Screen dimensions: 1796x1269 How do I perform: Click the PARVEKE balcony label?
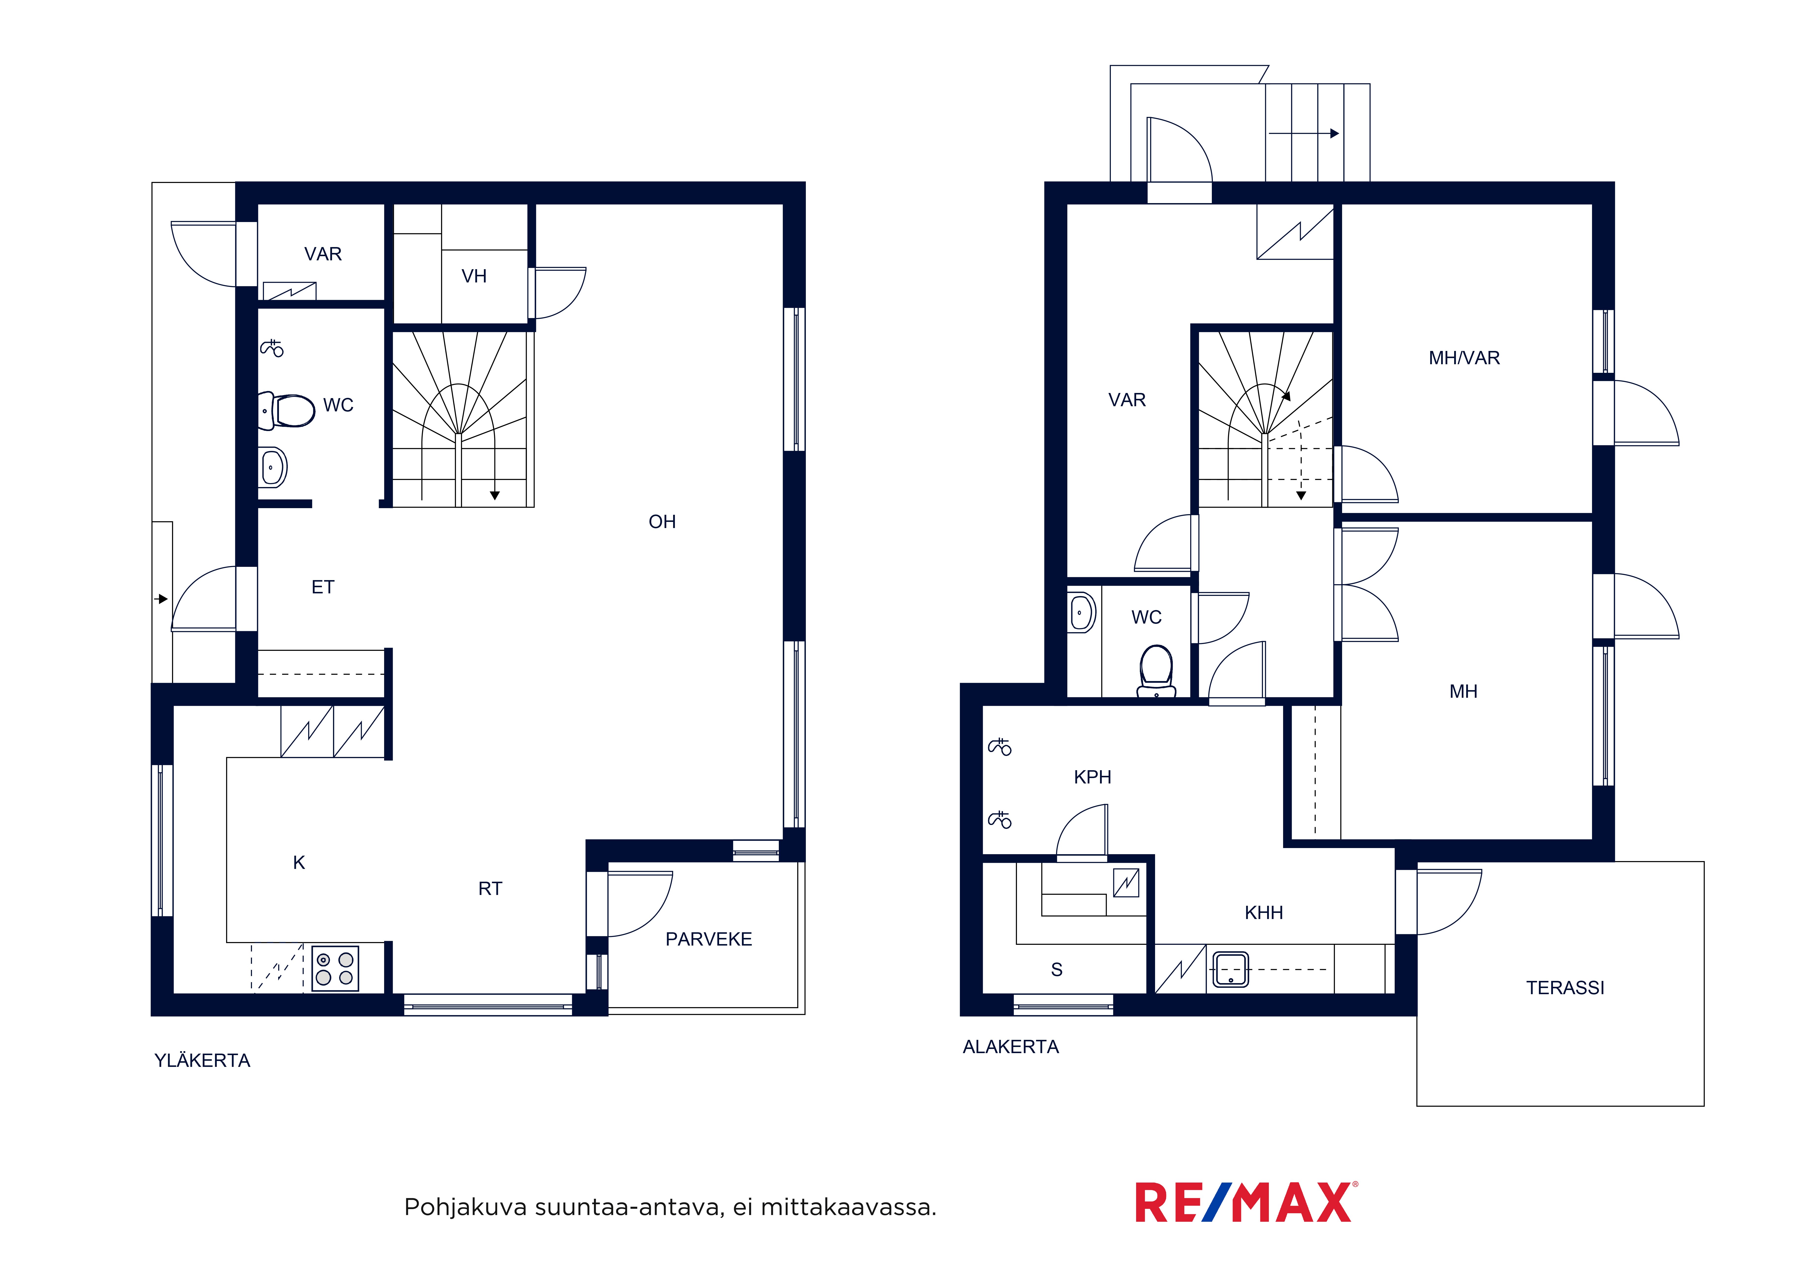[x=709, y=939]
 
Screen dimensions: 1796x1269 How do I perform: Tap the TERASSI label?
[x=1565, y=988]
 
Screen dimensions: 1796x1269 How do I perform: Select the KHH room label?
[x=1264, y=912]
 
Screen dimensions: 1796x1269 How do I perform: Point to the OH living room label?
[x=663, y=521]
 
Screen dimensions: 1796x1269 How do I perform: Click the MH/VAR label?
[x=1464, y=358]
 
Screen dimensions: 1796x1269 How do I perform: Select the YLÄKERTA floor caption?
[x=203, y=1060]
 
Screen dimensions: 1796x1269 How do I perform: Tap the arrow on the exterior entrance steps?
[x=1304, y=134]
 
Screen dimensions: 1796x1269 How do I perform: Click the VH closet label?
[x=474, y=276]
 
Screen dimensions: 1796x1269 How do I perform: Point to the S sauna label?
[x=1057, y=970]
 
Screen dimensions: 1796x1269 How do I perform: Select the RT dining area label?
[x=491, y=888]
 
